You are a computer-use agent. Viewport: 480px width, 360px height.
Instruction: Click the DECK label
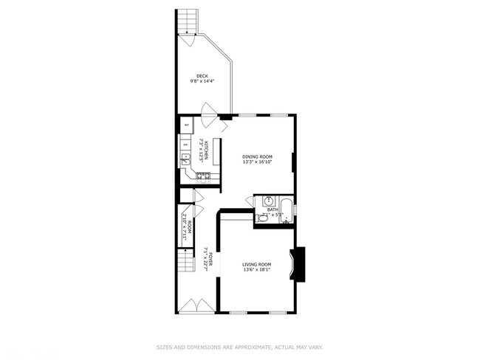[202, 75]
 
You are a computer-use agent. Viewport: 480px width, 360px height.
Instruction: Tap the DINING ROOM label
[258, 156]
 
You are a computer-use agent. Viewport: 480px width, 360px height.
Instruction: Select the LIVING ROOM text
[257, 264]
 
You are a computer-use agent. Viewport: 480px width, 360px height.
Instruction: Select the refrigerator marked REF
[187, 125]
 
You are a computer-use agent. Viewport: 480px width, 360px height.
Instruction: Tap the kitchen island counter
[216, 150]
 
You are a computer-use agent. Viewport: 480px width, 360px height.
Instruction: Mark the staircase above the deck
[188, 21]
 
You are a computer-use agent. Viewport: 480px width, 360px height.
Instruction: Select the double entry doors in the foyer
[197, 305]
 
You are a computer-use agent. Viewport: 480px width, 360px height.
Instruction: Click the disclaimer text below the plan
[240, 346]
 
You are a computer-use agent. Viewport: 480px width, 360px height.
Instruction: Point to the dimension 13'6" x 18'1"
[257, 270]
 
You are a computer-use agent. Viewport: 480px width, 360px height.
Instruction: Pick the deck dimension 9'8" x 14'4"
[202, 81]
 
